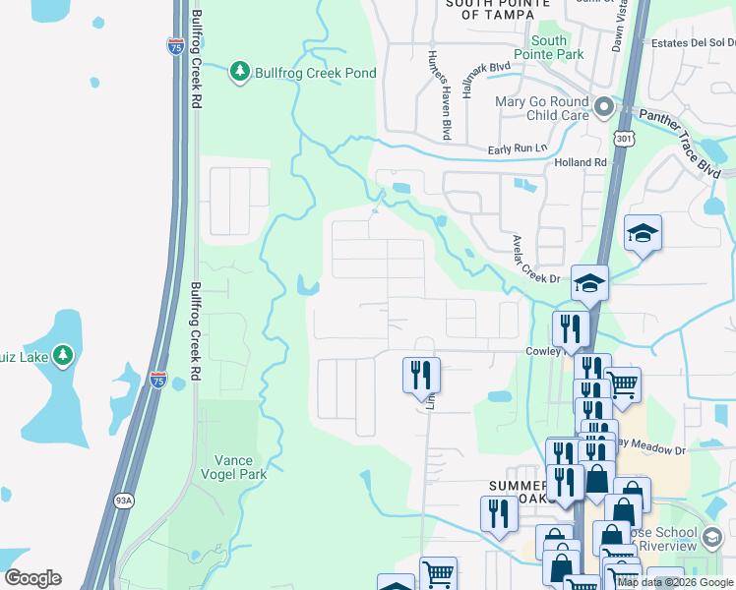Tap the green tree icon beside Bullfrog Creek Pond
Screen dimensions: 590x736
239,72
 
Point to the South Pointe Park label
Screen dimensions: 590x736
549,48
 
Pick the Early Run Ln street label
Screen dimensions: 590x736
518,148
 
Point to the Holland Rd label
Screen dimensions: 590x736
581,162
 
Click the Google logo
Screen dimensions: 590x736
32,578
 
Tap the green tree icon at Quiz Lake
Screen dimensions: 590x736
63,353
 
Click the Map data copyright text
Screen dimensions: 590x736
675,582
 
